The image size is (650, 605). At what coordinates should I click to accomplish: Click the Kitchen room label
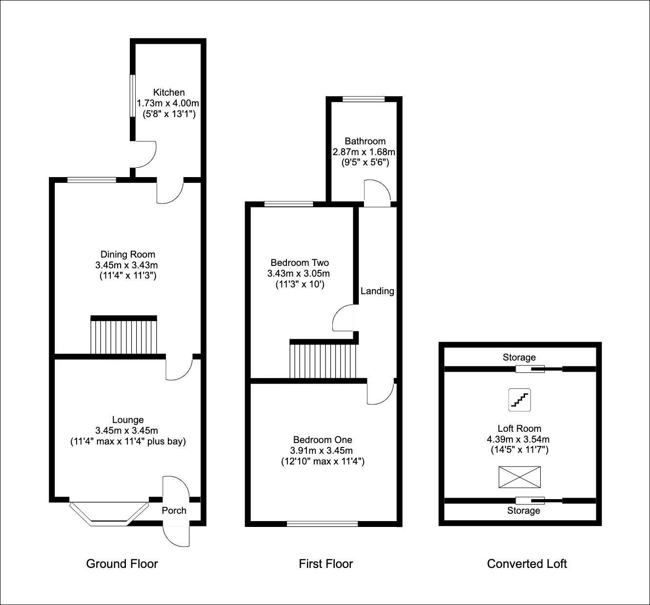coord(169,92)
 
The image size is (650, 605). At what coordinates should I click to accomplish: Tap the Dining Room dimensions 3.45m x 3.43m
coord(127,265)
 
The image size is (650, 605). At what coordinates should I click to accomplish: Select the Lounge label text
coord(128,420)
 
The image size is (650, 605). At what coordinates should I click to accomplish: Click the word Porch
coord(174,510)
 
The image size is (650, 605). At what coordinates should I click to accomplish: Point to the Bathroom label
coord(365,141)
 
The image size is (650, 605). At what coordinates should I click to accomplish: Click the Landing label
coord(377,291)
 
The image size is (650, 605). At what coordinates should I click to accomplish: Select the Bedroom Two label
coord(298,263)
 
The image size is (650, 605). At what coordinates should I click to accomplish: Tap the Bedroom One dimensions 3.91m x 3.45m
coord(323,450)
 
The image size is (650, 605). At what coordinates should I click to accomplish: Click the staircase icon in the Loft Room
coord(520,400)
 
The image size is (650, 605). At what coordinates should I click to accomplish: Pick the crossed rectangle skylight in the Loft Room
coord(520,477)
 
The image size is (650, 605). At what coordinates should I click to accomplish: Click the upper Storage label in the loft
coord(519,358)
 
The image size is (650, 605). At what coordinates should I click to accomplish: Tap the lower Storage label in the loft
coord(524,510)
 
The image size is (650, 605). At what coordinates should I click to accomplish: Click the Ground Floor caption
coord(122,564)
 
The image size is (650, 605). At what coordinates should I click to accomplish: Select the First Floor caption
coord(325,564)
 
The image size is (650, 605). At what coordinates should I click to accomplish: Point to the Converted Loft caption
coord(527,564)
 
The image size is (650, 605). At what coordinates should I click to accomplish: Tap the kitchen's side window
coord(131,96)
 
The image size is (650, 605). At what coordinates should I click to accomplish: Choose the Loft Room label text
coord(520,428)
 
